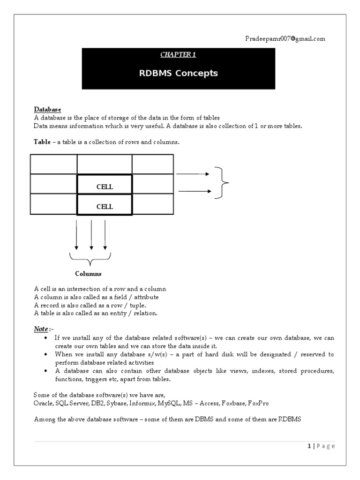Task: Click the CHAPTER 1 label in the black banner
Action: click(x=178, y=55)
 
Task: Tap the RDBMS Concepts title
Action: click(x=178, y=73)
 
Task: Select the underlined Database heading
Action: click(x=47, y=110)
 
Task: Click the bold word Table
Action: click(x=42, y=142)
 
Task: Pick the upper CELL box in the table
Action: click(x=105, y=187)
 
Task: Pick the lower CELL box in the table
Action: click(x=105, y=206)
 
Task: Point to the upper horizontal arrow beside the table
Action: click(x=193, y=174)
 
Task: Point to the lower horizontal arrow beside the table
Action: click(x=194, y=191)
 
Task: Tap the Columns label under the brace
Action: click(x=88, y=274)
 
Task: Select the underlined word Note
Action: click(x=41, y=329)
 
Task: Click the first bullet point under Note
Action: click(x=45, y=338)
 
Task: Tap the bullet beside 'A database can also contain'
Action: click(x=45, y=371)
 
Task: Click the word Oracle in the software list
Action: click(x=43, y=403)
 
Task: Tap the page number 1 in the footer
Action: click(x=309, y=446)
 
